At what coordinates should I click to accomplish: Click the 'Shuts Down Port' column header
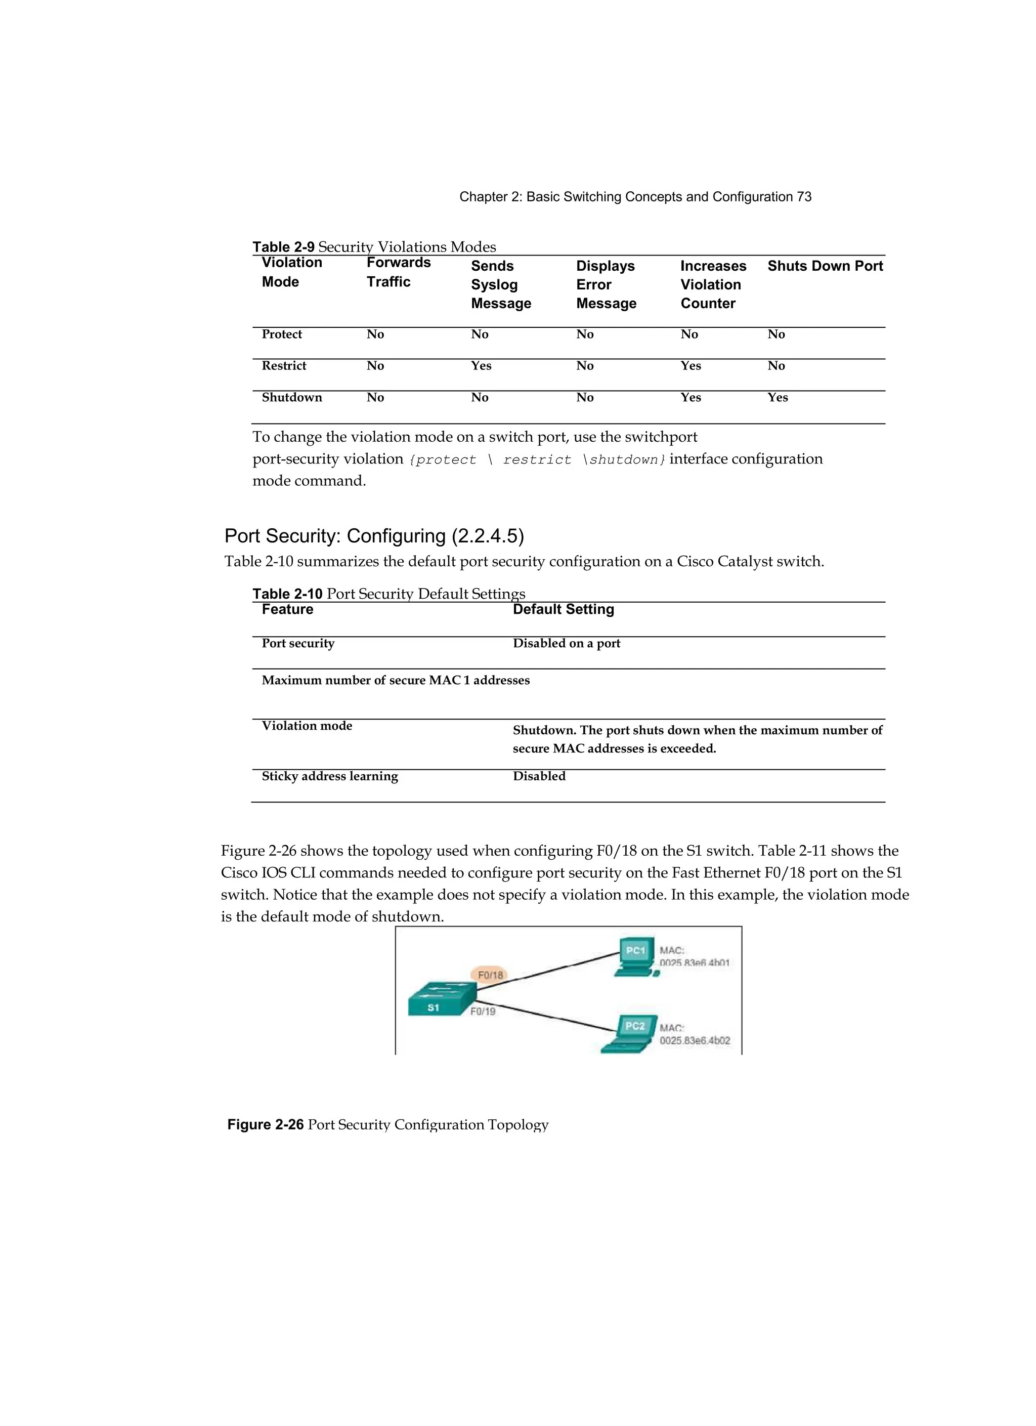pos(824,266)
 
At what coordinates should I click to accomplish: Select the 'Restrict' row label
pos(283,366)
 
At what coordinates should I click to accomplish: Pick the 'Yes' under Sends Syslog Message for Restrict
pos(481,366)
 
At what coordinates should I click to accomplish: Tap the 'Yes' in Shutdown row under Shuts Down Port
pos(777,397)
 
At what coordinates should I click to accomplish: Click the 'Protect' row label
pos(282,334)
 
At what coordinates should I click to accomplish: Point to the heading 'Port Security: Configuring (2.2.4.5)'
pos(374,536)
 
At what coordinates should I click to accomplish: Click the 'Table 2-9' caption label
pos(283,247)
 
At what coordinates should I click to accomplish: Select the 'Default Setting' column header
pos(563,609)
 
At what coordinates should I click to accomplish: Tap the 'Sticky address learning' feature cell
pos(329,776)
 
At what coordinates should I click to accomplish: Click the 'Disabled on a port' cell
pos(566,643)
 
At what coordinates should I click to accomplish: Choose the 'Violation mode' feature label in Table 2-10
pos(307,726)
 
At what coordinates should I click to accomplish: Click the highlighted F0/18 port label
pos(490,975)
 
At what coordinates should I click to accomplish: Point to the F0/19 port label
pos(483,1012)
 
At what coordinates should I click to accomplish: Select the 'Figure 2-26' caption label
pos(265,1125)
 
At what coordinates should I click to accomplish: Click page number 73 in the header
pos(804,197)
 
